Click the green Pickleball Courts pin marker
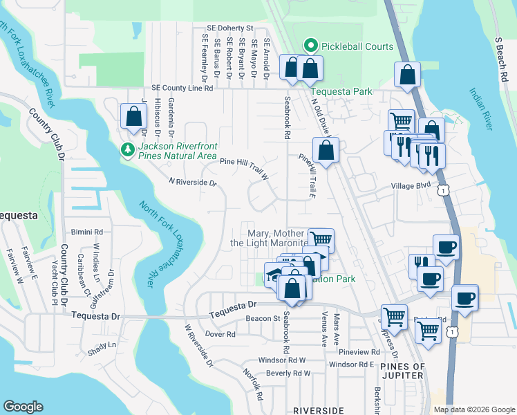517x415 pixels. point(311,47)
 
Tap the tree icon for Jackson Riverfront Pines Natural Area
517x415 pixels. point(127,149)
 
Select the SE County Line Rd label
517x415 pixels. point(182,89)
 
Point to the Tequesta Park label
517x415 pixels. point(341,91)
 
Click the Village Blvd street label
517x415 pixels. point(410,185)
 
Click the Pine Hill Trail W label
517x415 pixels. point(244,166)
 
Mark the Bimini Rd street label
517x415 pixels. point(86,232)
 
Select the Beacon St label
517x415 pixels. point(261,319)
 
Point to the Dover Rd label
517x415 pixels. point(220,334)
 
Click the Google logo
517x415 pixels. point(23,407)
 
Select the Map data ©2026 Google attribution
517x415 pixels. point(474,409)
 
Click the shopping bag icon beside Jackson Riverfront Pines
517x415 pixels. point(133,118)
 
